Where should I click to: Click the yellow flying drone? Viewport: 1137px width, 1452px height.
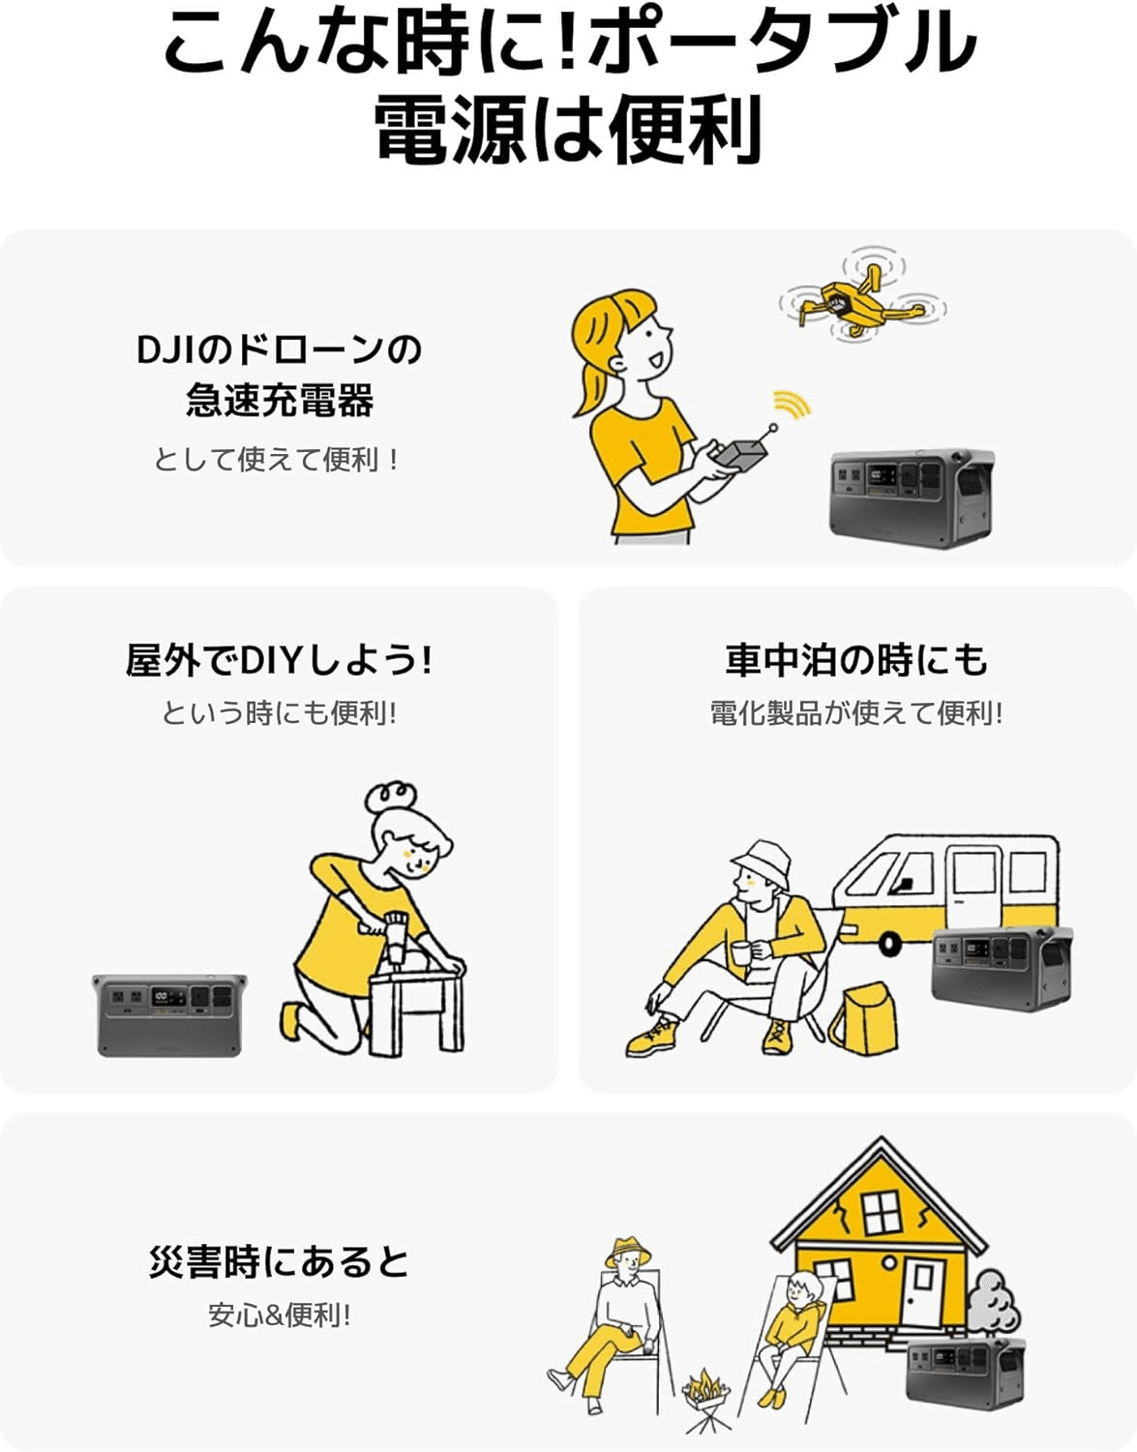point(861,301)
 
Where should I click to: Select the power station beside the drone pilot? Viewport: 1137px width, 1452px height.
point(912,498)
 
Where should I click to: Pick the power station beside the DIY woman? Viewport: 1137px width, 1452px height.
point(169,1015)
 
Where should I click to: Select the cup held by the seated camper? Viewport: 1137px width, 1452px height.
point(742,952)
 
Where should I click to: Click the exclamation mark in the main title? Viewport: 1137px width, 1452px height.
point(569,44)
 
